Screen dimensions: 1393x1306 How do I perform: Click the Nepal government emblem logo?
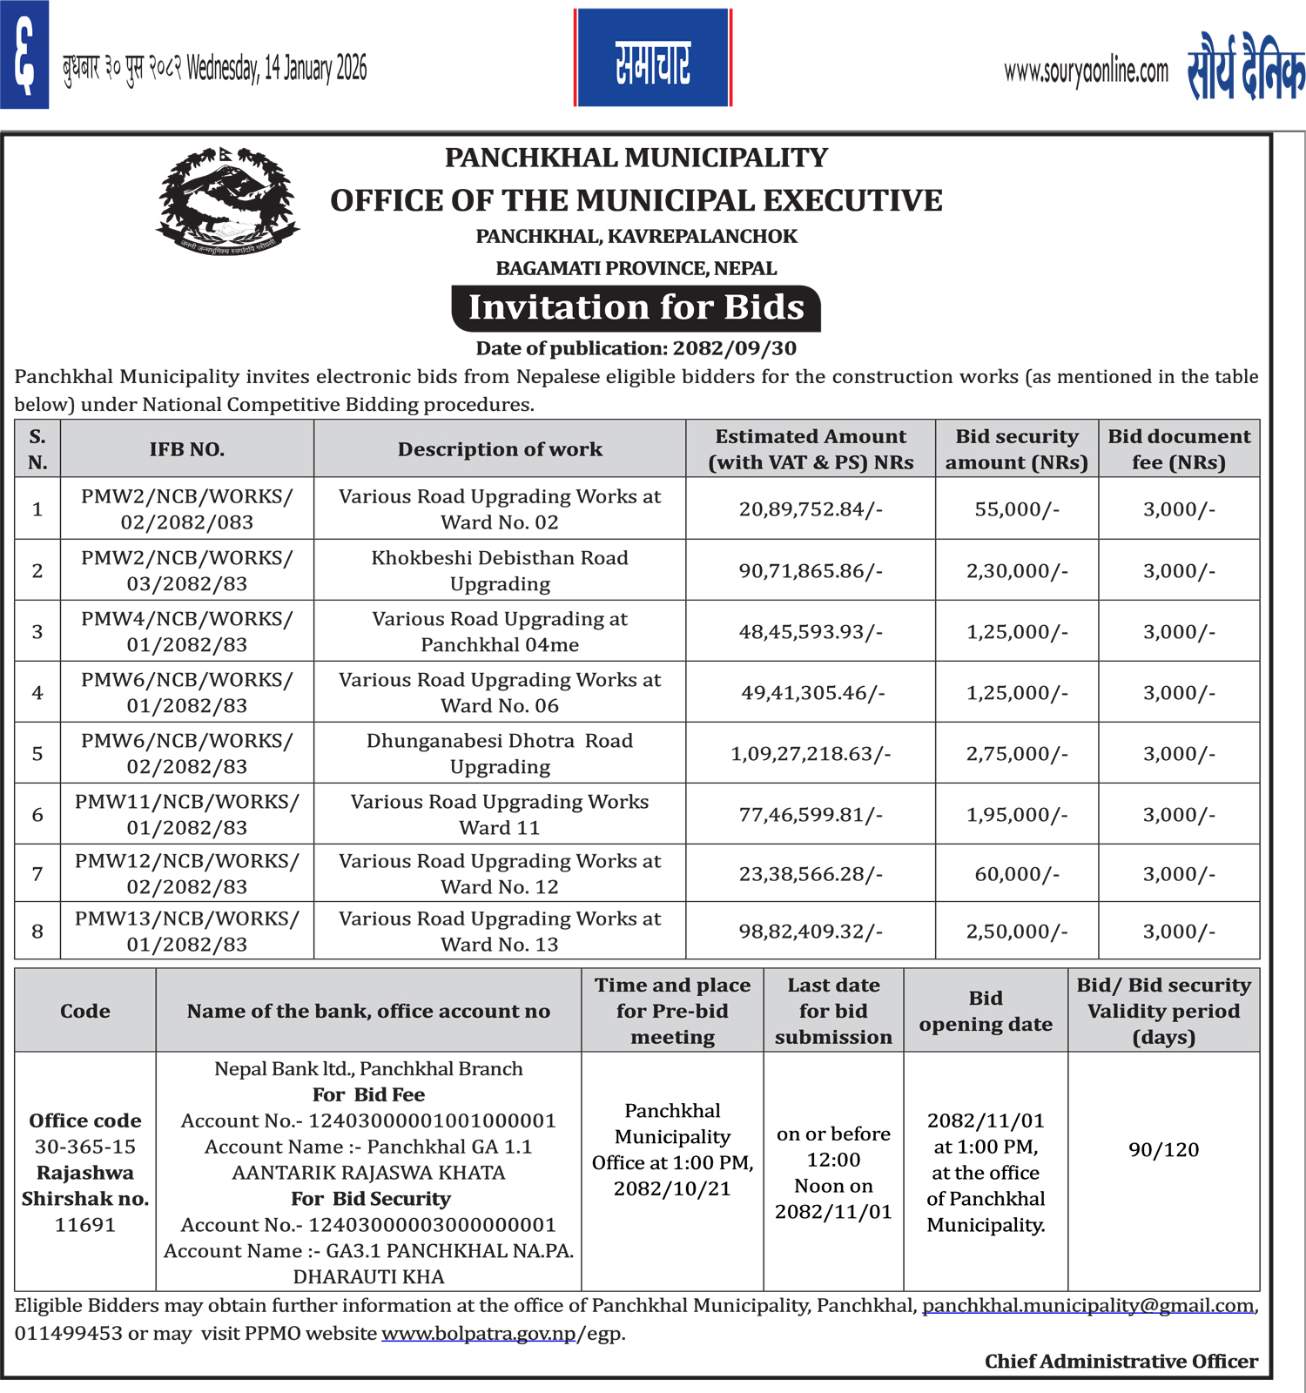[x=228, y=201]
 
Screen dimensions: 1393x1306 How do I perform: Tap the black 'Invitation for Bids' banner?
[x=636, y=308]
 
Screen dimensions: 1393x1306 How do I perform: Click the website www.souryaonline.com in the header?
[x=1086, y=72]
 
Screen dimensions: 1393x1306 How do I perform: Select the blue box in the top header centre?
[x=652, y=58]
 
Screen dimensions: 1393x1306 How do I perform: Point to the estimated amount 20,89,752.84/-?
[x=811, y=509]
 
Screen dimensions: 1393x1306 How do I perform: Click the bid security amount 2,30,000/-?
[x=1016, y=571]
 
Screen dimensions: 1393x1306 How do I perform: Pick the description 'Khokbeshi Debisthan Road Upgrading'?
[x=500, y=570]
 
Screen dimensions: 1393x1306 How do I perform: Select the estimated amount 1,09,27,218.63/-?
[x=811, y=754]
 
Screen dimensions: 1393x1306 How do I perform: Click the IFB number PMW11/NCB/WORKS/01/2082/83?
[x=187, y=814]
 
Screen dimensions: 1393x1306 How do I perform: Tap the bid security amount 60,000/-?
[x=1016, y=874]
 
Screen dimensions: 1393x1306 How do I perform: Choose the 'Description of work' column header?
[x=500, y=449]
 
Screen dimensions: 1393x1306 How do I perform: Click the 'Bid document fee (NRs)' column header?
[x=1179, y=449]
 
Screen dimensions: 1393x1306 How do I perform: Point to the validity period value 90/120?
[x=1163, y=1150]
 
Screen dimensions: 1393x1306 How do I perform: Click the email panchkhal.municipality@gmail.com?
[x=1087, y=1306]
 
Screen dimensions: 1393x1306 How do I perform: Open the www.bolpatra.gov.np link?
[x=478, y=1334]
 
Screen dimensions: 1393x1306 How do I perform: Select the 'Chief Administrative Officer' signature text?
[x=1121, y=1362]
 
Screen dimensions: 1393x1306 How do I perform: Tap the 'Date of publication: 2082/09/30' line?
[x=636, y=349]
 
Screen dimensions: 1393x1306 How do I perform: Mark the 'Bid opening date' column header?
[x=986, y=1011]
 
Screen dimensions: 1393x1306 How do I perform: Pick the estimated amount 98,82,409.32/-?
[x=811, y=932]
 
